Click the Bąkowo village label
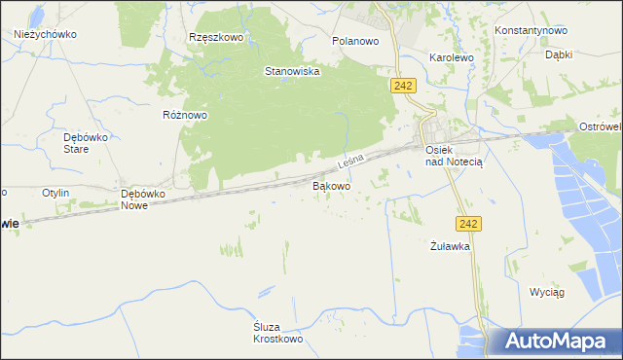pyautogui.click(x=331, y=184)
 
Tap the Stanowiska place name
pyautogui.click(x=293, y=71)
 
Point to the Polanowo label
pyautogui.click(x=354, y=42)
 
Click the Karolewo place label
pyautogui.click(x=451, y=57)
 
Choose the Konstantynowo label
pyautogui.click(x=531, y=30)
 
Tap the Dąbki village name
pyautogui.click(x=558, y=55)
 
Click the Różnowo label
pyautogui.click(x=185, y=114)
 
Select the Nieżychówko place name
pyautogui.click(x=46, y=33)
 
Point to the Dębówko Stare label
pyautogui.click(x=77, y=143)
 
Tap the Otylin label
pyautogui.click(x=55, y=193)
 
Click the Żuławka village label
pyautogui.click(x=451, y=246)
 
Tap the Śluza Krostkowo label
pyautogui.click(x=278, y=333)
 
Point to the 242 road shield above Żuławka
pyautogui.click(x=469, y=224)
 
